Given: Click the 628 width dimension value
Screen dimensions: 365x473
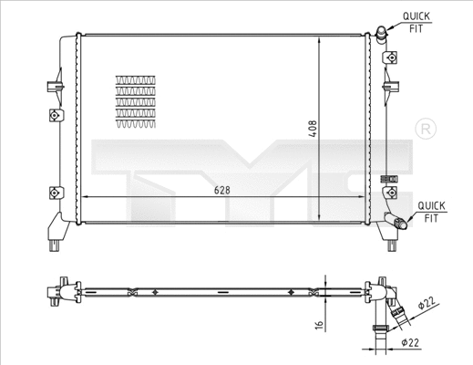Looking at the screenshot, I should [x=221, y=189].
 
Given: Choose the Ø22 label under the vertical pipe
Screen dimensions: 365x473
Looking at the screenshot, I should [x=408, y=343].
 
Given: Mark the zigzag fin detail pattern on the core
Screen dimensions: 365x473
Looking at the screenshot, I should [x=134, y=100].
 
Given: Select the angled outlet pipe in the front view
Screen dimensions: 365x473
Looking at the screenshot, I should [x=397, y=221].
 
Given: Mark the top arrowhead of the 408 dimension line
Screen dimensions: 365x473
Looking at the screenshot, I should [x=318, y=43].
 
